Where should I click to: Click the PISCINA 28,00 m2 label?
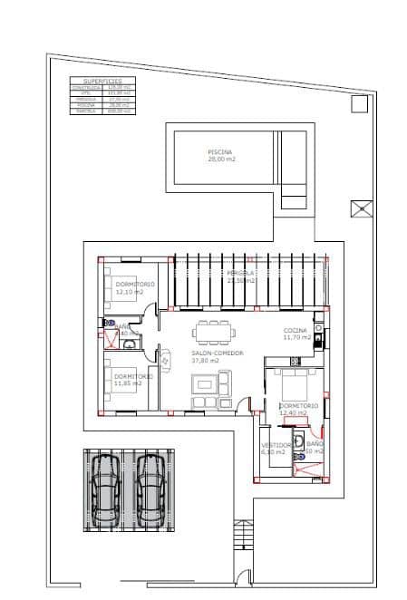pos(220,154)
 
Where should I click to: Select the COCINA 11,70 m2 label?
pos(296,333)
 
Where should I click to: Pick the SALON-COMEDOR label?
pos(216,356)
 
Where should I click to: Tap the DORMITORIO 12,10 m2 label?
pos(134,288)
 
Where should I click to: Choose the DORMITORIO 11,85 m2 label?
pos(132,379)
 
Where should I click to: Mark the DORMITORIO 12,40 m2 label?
pos(298,409)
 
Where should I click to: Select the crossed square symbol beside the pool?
pos(361,208)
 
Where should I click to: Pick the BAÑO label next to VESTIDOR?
pos(315,447)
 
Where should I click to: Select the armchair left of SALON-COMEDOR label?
pos(165,360)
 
